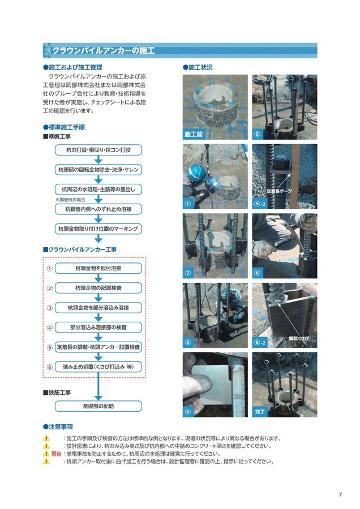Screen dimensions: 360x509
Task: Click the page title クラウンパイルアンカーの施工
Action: (104, 51)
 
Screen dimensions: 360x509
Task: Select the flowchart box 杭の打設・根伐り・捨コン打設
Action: (98, 150)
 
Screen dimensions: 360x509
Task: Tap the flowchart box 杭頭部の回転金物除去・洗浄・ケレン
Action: (98, 170)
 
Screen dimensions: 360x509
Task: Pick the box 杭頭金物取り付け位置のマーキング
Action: (98, 229)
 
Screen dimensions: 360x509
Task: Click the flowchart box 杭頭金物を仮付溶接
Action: (98, 269)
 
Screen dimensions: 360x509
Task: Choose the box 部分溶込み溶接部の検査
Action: (98, 327)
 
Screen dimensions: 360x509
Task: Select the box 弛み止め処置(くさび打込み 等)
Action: (98, 367)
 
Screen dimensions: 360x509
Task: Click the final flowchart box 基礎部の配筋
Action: (98, 406)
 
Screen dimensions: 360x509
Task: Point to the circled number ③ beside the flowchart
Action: (50, 308)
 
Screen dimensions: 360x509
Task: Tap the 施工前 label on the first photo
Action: (194, 134)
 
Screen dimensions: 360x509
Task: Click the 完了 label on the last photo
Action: (260, 412)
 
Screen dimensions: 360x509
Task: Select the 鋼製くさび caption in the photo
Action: (299, 339)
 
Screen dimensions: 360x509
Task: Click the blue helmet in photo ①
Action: (196, 172)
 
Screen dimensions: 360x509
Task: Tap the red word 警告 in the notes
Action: (57, 454)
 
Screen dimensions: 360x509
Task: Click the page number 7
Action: (340, 495)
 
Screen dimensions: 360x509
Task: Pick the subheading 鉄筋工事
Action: (57, 393)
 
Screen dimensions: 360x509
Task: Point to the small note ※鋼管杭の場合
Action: (71, 200)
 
